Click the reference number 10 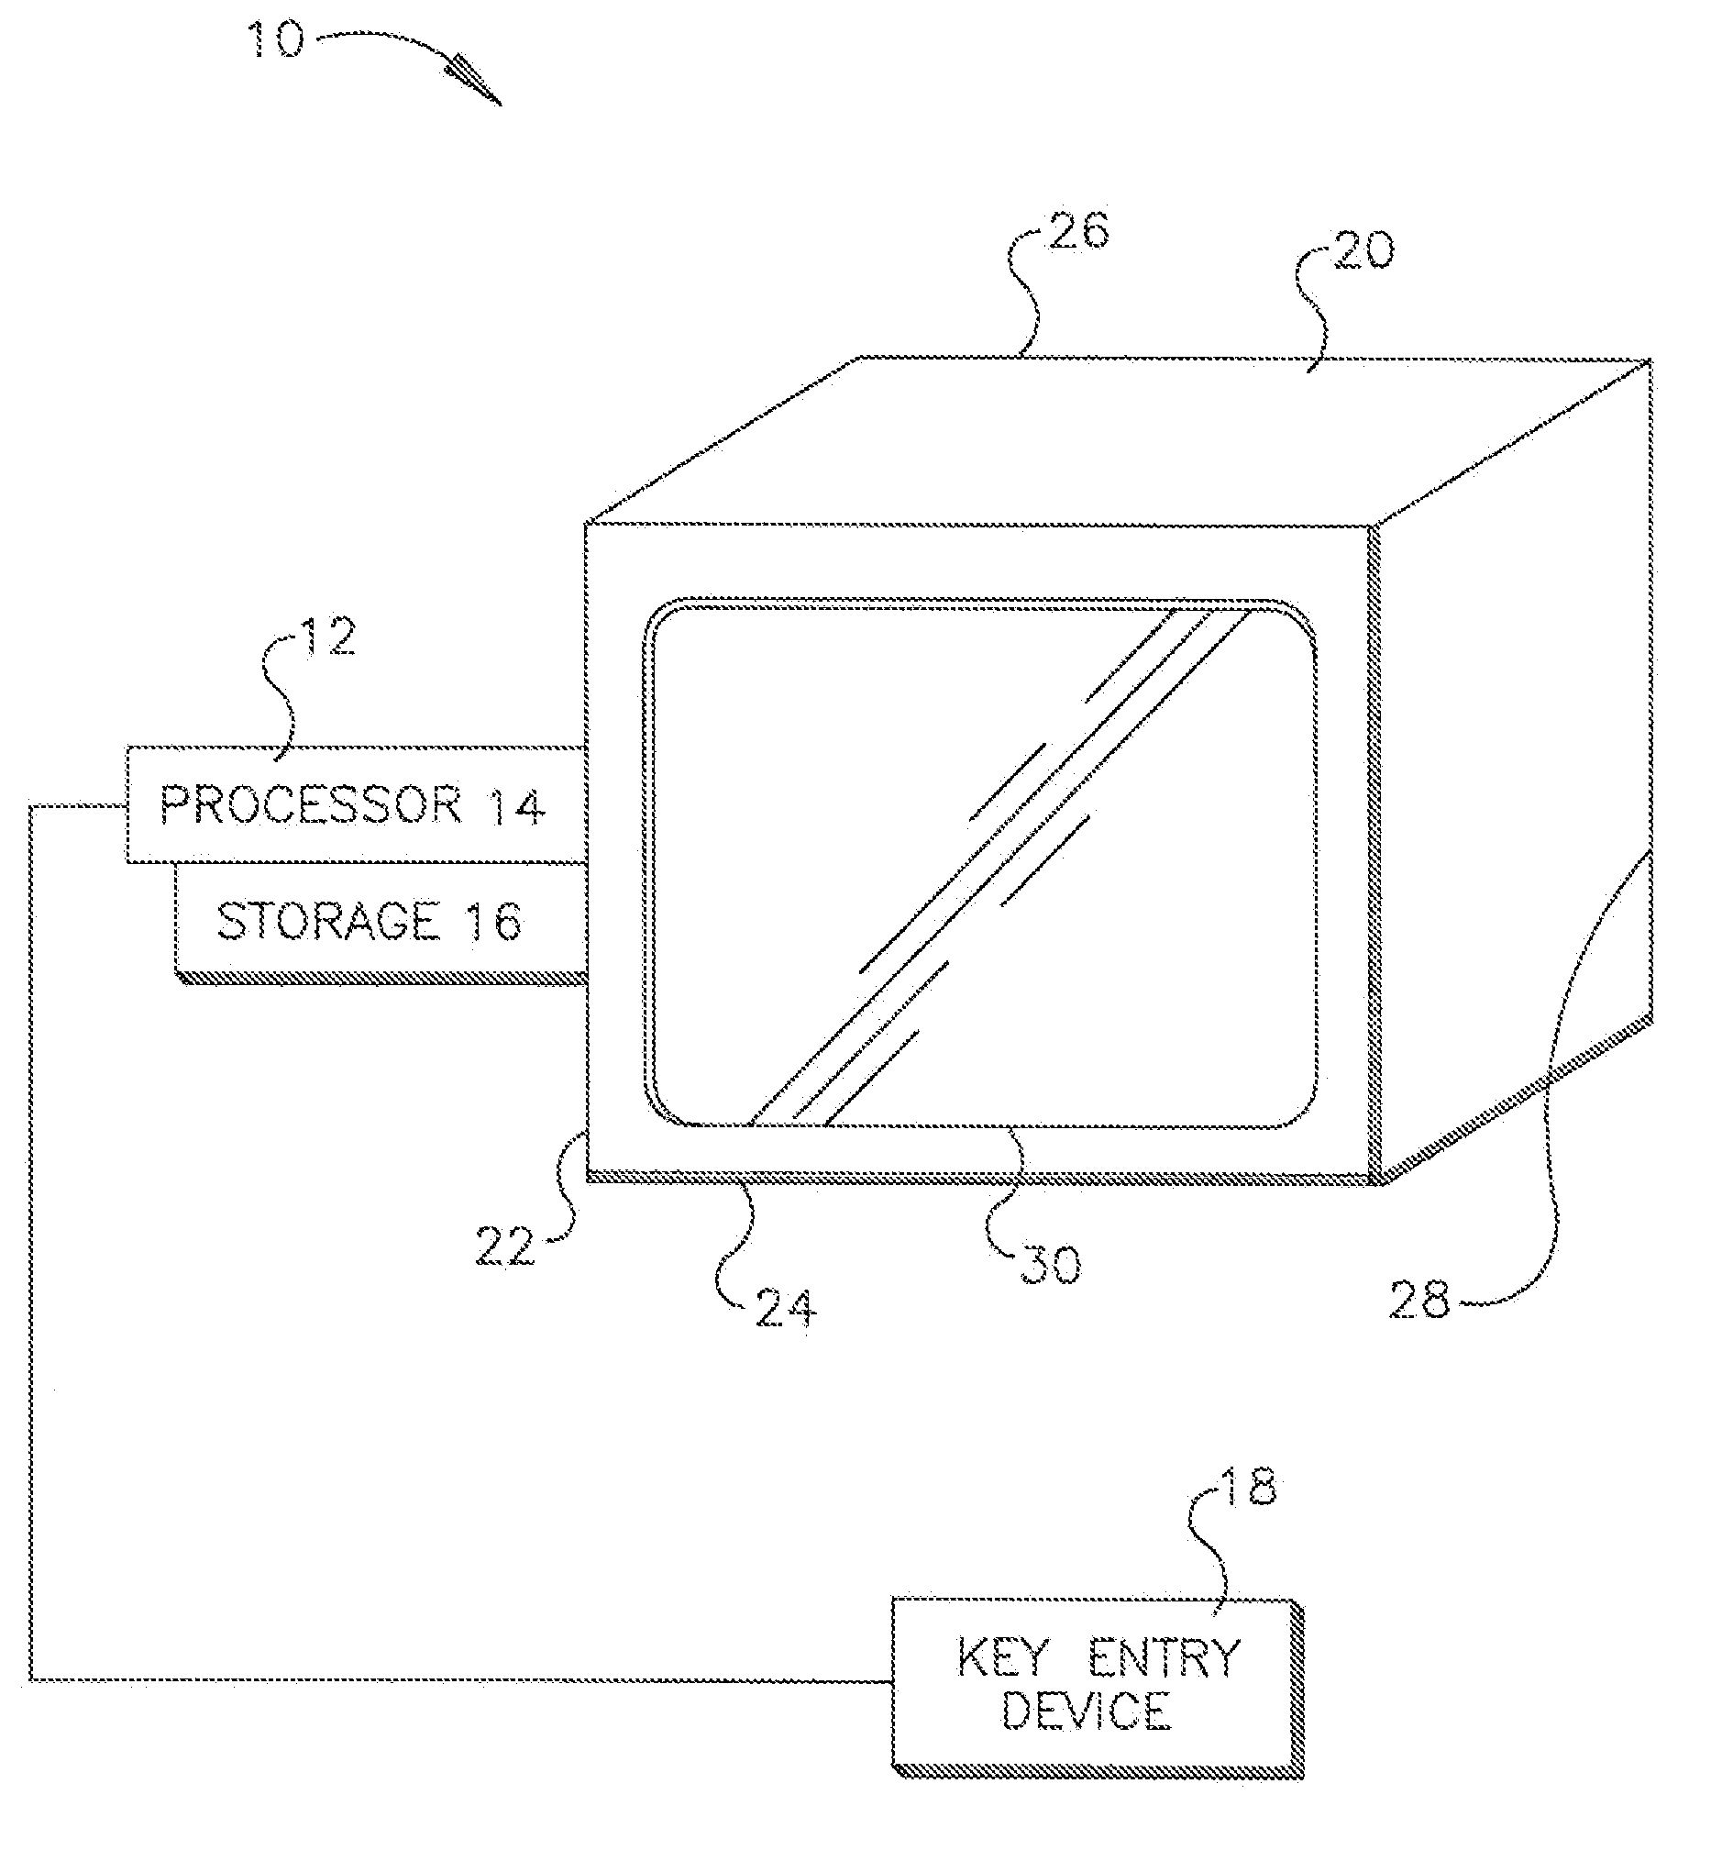pyautogui.click(x=275, y=40)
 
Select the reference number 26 pyautogui.click(x=1078, y=231)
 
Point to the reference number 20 pyautogui.click(x=1363, y=249)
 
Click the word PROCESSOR pyautogui.click(x=311, y=804)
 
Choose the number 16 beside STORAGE pyautogui.click(x=492, y=921)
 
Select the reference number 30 pyautogui.click(x=1051, y=1265)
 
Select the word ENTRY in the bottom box pyautogui.click(x=1165, y=1657)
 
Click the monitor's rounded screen pyautogui.click(x=979, y=864)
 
